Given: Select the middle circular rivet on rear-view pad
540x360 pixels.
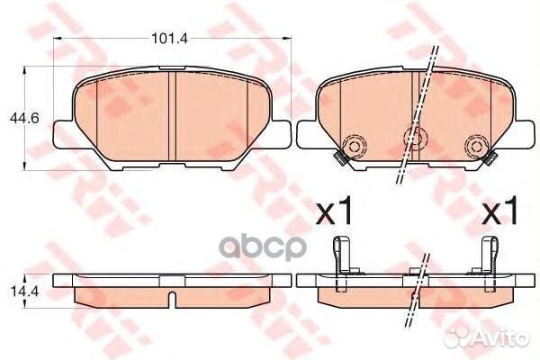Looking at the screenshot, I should tap(414, 138).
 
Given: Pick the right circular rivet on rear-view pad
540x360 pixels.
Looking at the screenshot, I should tap(472, 147).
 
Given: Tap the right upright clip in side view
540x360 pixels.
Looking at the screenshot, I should tap(490, 257).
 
